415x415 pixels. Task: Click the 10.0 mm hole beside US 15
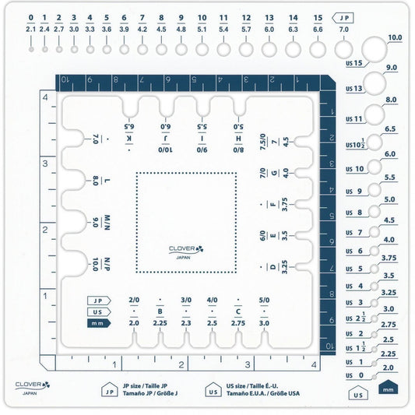[x=375, y=50]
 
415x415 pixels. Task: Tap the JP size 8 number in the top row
[x=161, y=18]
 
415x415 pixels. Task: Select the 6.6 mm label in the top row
[x=318, y=30]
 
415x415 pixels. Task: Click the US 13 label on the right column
[x=353, y=89]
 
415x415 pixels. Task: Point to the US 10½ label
[x=355, y=144]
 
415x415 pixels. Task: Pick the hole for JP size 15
[x=318, y=50]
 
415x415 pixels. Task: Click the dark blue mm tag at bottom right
[x=388, y=387]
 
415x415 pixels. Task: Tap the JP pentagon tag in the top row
[x=343, y=18]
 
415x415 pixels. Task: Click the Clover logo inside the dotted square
[x=186, y=251]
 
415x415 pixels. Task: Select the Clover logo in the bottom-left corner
[x=33, y=387]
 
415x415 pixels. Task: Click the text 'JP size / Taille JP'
[x=145, y=385]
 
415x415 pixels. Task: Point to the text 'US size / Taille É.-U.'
[x=252, y=385]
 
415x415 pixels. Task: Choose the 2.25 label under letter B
[x=160, y=323]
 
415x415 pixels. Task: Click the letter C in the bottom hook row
[x=238, y=311]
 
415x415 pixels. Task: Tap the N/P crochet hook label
[x=107, y=264]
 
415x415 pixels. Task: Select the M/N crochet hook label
[x=107, y=223]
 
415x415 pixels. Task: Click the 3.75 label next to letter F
[x=284, y=204]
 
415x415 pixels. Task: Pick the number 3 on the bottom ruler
[x=247, y=364]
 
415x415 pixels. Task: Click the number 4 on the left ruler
[x=45, y=97]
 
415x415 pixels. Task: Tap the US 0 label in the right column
[x=354, y=375]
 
